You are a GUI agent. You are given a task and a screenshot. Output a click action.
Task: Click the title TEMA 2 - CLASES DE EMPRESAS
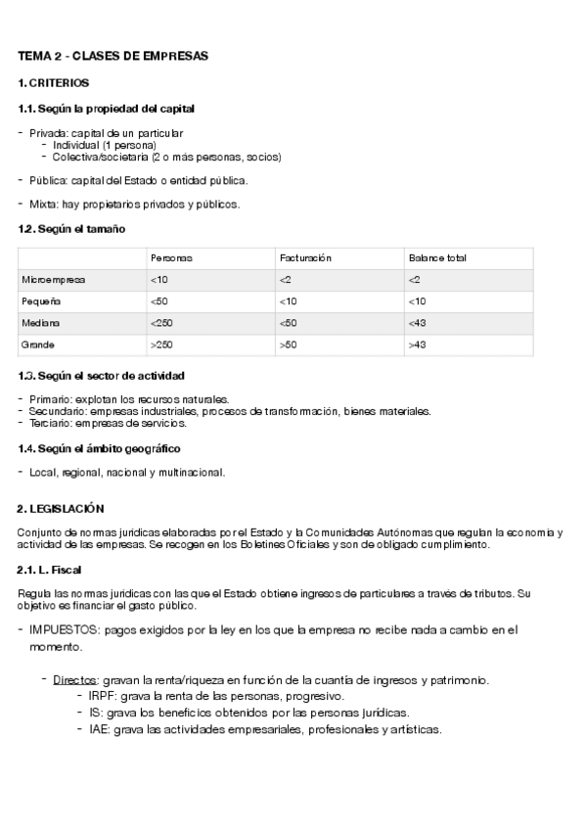coord(113,57)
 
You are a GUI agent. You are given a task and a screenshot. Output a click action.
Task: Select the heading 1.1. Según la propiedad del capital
coord(113,109)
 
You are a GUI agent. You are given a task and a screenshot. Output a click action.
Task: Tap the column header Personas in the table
coord(171,258)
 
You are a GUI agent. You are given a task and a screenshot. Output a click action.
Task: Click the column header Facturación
coord(306,258)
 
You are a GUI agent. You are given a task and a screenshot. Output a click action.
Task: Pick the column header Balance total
coord(437,258)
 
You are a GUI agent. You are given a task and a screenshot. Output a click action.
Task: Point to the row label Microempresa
coord(54,280)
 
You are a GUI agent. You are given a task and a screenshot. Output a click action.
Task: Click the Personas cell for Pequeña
coord(159,301)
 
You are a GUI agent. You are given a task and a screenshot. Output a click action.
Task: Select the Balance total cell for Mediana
coord(418,323)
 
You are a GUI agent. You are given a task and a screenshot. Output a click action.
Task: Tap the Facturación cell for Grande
coord(288,345)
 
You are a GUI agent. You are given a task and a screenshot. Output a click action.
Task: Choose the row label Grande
coord(38,345)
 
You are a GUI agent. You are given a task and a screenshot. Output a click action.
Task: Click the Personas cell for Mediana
coord(161,323)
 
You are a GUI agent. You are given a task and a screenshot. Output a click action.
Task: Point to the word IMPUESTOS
coord(68,630)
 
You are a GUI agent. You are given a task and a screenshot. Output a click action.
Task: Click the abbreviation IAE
coord(99,729)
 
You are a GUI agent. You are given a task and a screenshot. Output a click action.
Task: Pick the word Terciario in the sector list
coord(49,424)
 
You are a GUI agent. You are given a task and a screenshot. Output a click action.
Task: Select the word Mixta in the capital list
coord(43,205)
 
